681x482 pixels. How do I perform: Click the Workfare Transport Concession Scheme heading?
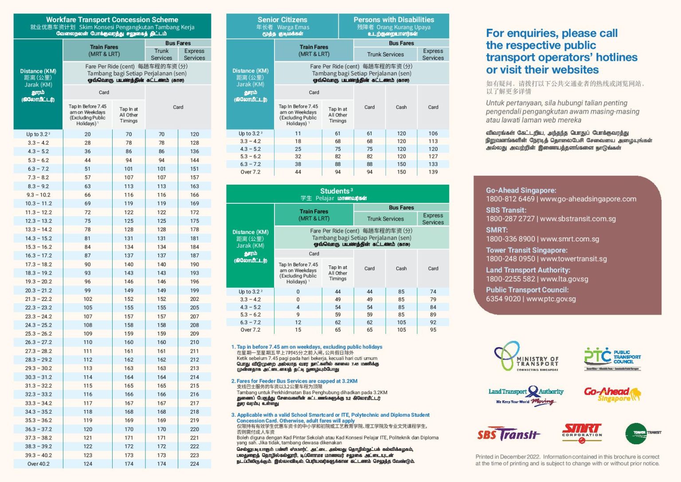(112, 20)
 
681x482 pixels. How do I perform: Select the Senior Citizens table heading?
(282, 20)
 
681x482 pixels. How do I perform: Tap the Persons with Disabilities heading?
(394, 20)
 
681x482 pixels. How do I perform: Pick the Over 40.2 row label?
(39, 464)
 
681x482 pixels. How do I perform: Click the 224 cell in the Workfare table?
(195, 464)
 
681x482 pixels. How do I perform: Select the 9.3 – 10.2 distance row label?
(39, 195)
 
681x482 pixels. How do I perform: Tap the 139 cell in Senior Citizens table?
(433, 172)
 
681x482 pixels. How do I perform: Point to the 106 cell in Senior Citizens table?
(433, 134)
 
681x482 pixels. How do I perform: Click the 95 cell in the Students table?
(433, 330)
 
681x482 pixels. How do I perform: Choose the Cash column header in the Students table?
(401, 269)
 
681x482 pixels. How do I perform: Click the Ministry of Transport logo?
(526, 356)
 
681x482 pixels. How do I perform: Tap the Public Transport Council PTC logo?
(612, 358)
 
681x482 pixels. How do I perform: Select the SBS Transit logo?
(509, 434)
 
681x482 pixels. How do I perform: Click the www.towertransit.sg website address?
(574, 259)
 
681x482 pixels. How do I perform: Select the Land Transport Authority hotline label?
(528, 270)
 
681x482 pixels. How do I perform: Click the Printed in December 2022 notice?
(567, 460)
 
